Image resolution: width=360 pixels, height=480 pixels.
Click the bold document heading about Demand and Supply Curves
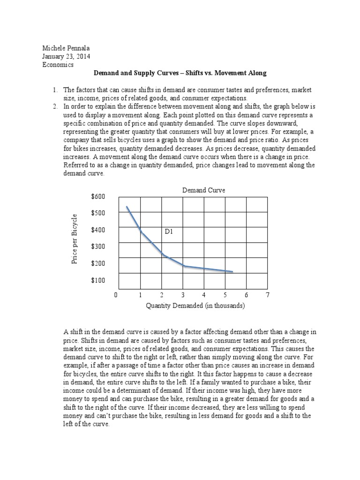click(180, 74)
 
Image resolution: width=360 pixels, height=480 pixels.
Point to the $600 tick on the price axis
click(98, 196)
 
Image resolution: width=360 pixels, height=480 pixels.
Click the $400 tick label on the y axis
click(98, 230)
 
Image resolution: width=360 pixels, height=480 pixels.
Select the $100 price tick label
click(98, 280)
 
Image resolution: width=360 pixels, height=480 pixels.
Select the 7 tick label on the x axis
click(268, 295)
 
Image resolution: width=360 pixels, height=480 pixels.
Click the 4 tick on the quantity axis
click(204, 295)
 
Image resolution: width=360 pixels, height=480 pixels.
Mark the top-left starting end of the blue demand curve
click(127, 206)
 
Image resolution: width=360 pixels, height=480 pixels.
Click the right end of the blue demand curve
click(232, 271)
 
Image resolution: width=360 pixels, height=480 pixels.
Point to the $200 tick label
click(98, 263)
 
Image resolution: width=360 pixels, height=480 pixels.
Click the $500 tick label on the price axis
click(98, 213)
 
